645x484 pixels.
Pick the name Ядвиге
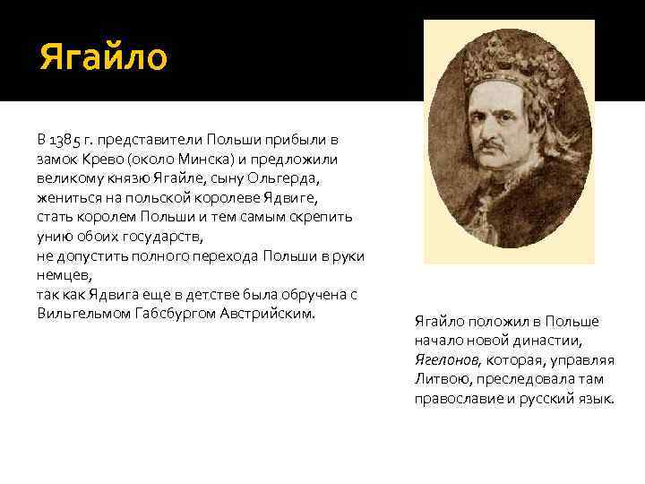[x=291, y=197]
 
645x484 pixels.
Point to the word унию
[x=54, y=237]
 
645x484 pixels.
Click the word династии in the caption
[x=553, y=341]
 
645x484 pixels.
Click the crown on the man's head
[x=509, y=72]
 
